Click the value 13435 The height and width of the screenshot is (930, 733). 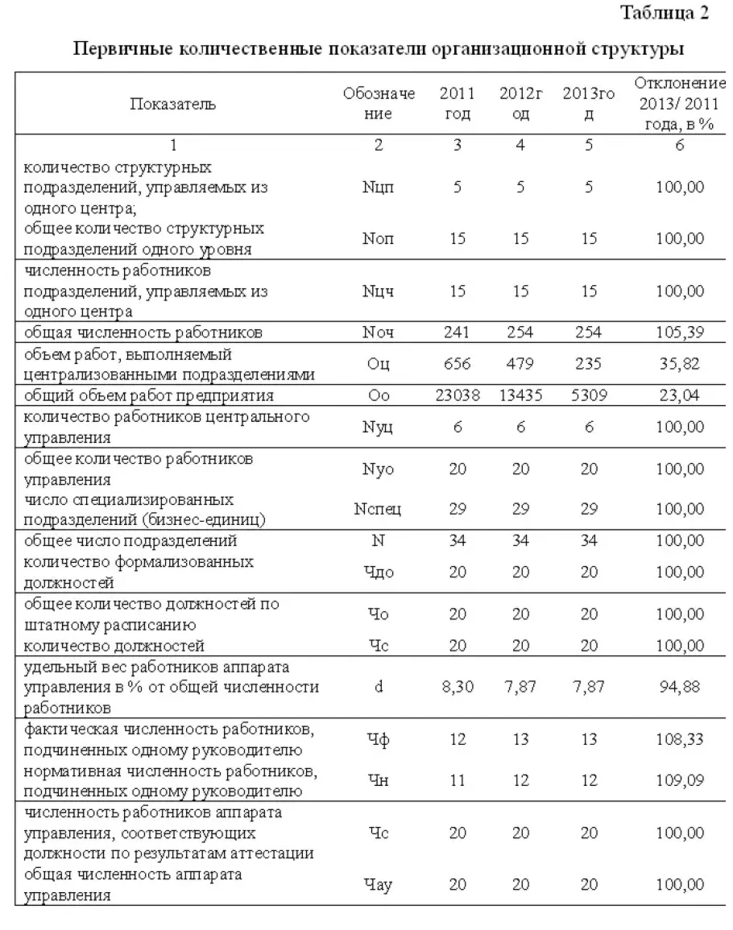coord(521,395)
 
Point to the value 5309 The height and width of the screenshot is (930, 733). coord(589,395)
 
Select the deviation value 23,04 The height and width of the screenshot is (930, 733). coord(680,395)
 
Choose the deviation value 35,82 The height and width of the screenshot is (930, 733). coord(680,363)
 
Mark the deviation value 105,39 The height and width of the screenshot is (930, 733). coord(680,332)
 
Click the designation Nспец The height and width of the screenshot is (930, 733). coord(379,510)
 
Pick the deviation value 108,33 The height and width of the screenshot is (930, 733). coord(680,739)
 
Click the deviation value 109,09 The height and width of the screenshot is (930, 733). coord(680,781)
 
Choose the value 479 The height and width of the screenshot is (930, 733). coord(521,363)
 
